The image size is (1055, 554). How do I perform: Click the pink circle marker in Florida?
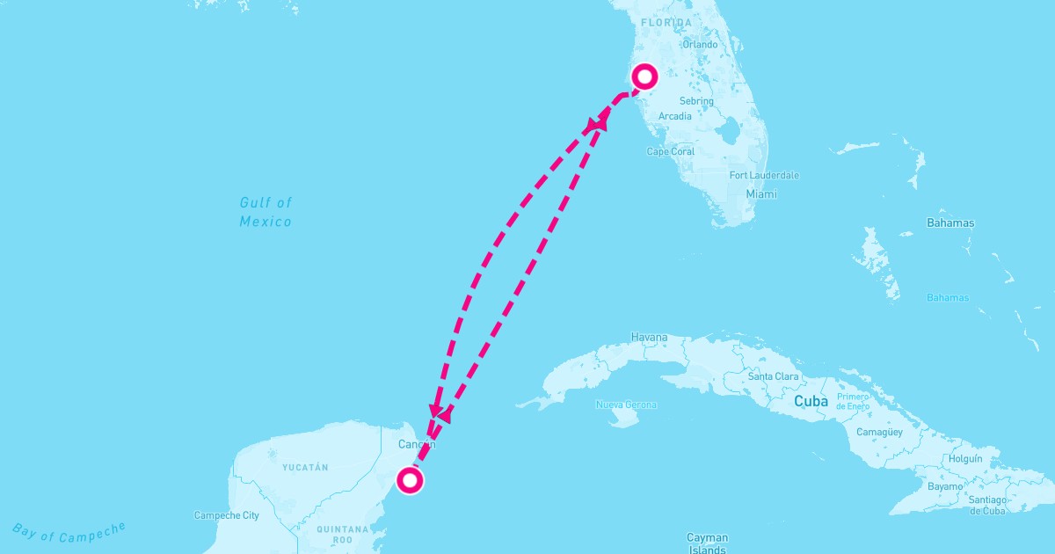645,77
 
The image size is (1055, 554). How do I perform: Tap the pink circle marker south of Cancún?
410,480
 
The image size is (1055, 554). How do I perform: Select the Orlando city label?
700,45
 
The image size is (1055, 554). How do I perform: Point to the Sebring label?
696,102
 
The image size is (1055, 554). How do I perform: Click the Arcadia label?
674,117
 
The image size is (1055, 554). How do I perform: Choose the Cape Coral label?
670,152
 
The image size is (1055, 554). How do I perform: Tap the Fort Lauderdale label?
764,176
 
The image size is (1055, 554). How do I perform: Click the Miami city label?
761,194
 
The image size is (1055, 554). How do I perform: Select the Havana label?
649,338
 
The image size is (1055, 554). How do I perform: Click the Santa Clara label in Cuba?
773,377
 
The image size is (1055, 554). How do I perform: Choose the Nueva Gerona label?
626,405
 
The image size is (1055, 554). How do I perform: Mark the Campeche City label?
226,516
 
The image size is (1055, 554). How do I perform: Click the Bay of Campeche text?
69,530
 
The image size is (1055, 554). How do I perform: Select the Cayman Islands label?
707,543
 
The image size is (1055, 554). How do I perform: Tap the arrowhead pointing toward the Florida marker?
600,120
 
